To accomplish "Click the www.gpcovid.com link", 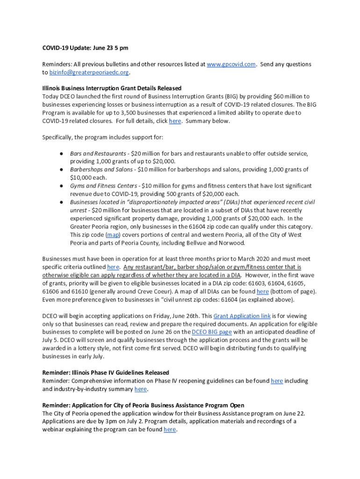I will (x=231, y=64).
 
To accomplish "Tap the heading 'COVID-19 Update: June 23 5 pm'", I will (x=85, y=48).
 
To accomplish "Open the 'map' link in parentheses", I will (x=113, y=235).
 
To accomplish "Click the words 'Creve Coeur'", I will (x=152, y=291).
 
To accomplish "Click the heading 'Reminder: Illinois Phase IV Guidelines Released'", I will (x=106, y=373).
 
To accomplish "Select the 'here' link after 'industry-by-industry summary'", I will (x=140, y=389).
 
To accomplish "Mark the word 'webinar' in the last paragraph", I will (x=54, y=429).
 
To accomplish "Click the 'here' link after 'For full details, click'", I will (x=174, y=121).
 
